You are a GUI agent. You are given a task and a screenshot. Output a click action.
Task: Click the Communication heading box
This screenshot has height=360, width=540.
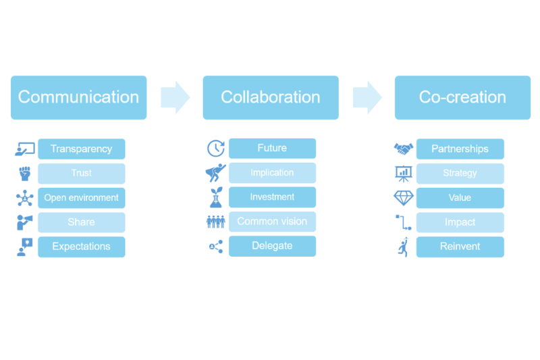point(78,97)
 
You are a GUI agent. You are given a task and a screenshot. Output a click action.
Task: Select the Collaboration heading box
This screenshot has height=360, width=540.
point(271,97)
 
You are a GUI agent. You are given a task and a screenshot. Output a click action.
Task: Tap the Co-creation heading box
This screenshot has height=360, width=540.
point(462,97)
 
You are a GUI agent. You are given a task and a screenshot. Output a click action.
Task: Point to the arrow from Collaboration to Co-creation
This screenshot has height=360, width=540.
point(367,97)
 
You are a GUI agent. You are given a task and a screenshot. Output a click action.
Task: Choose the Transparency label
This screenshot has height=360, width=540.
point(81,149)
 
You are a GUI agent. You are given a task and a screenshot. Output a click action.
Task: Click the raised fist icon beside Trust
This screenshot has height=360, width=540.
point(25,174)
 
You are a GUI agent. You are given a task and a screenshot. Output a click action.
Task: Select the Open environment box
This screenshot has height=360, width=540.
point(81,198)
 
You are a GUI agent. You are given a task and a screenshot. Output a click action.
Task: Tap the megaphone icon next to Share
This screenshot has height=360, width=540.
point(25,222)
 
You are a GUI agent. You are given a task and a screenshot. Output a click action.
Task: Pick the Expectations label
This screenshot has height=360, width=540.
point(81,247)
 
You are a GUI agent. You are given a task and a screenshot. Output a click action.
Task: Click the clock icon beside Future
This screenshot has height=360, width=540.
point(215,149)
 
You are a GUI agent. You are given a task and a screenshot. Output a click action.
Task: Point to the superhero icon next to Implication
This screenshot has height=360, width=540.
point(215,174)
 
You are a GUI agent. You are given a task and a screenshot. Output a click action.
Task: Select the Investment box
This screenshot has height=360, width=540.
point(272,197)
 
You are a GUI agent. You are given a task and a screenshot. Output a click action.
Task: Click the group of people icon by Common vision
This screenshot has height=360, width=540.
point(215,222)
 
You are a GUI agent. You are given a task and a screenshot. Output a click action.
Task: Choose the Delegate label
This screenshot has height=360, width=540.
point(272,246)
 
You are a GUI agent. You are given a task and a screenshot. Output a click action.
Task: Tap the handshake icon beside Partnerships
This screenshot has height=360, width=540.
point(404,149)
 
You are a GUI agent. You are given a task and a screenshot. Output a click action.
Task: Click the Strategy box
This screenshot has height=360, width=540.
point(460,174)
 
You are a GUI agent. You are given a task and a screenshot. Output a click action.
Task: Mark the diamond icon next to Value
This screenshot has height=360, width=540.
point(404,198)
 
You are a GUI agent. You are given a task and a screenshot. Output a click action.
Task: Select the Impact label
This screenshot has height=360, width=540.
point(460,222)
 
